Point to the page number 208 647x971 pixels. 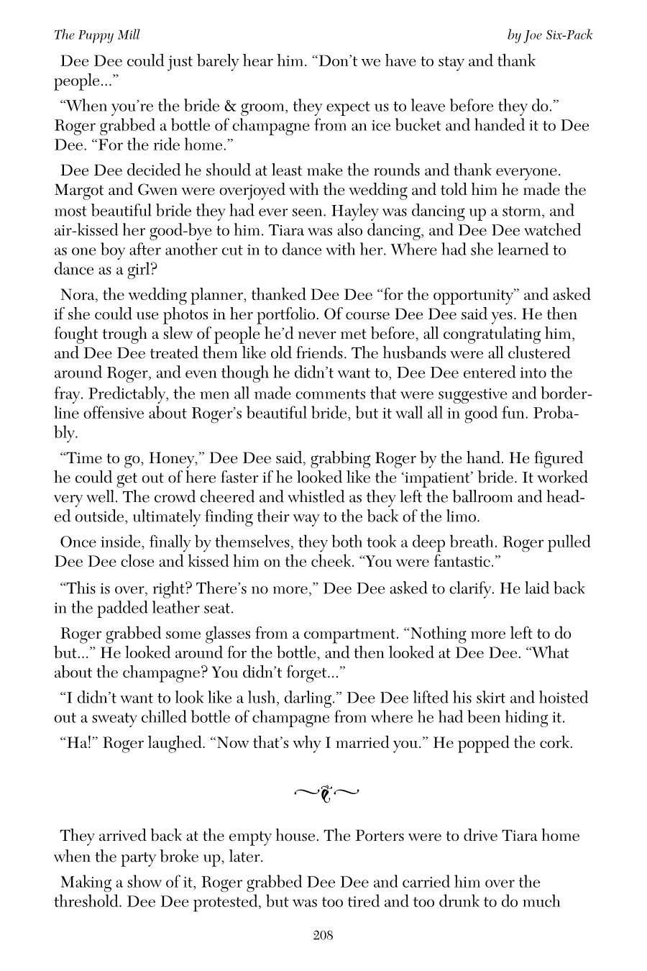point(323,935)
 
